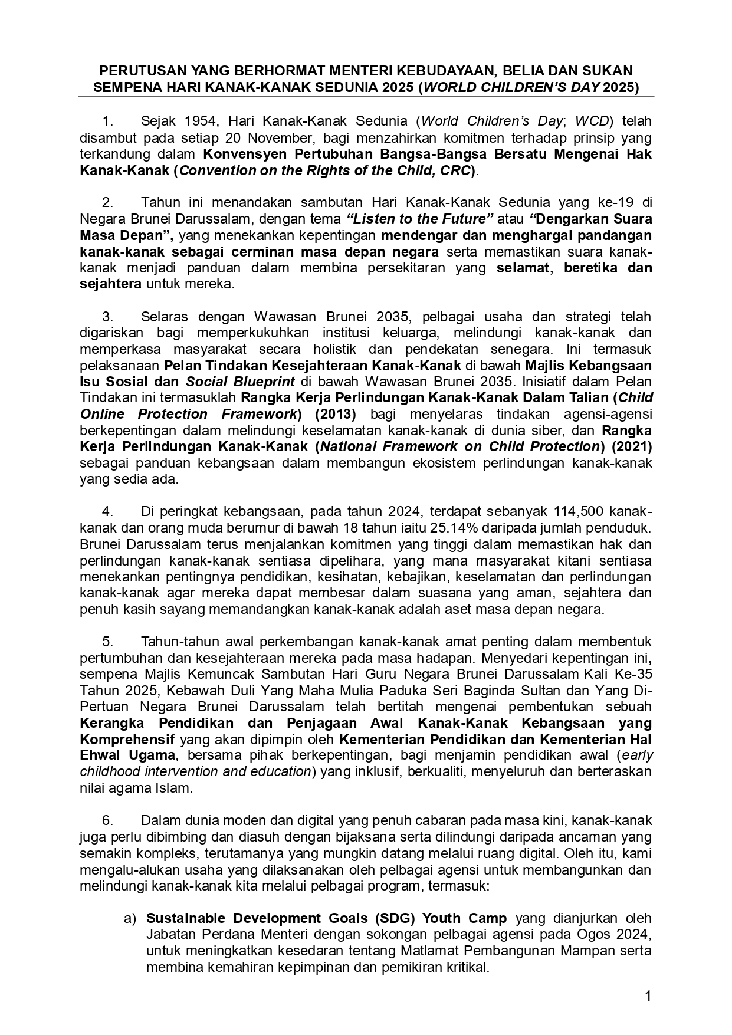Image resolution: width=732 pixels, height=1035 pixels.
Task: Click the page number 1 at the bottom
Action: click(648, 997)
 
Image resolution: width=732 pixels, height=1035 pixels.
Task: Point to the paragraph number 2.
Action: click(107, 203)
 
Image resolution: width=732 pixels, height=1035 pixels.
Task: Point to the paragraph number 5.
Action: click(107, 642)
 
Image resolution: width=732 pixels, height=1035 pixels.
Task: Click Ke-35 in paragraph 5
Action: click(636, 674)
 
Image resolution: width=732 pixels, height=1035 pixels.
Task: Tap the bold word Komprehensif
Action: click(127, 740)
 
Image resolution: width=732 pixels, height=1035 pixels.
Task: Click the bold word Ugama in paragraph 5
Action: click(149, 755)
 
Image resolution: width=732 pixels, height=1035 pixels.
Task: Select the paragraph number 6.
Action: click(107, 821)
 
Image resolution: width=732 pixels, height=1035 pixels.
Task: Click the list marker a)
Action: click(130, 919)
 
